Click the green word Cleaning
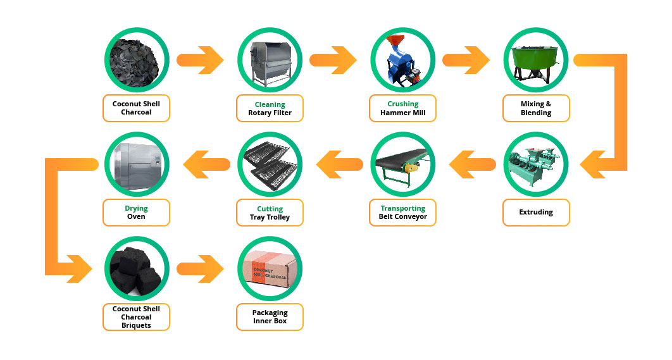270,104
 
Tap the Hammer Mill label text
402,113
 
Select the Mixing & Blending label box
536,108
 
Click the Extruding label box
536,213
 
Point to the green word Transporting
402,208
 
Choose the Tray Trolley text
270,218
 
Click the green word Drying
136,208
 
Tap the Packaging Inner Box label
270,317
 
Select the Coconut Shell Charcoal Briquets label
136,317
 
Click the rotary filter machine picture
270,61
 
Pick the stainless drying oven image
136,164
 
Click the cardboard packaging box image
270,269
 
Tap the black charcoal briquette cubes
136,269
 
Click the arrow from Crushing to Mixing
466,61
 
